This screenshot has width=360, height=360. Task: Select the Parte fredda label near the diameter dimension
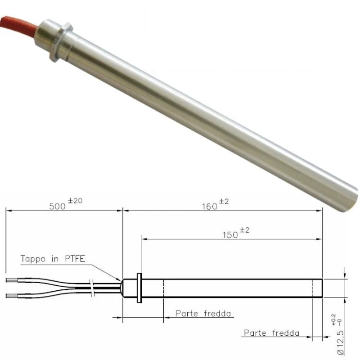tap(271, 333)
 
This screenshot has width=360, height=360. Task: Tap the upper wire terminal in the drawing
tap(13, 280)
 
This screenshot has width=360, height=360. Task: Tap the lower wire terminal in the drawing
tap(13, 295)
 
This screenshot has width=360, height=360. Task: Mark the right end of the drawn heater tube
tap(321, 288)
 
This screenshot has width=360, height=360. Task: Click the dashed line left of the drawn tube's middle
tap(163, 288)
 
